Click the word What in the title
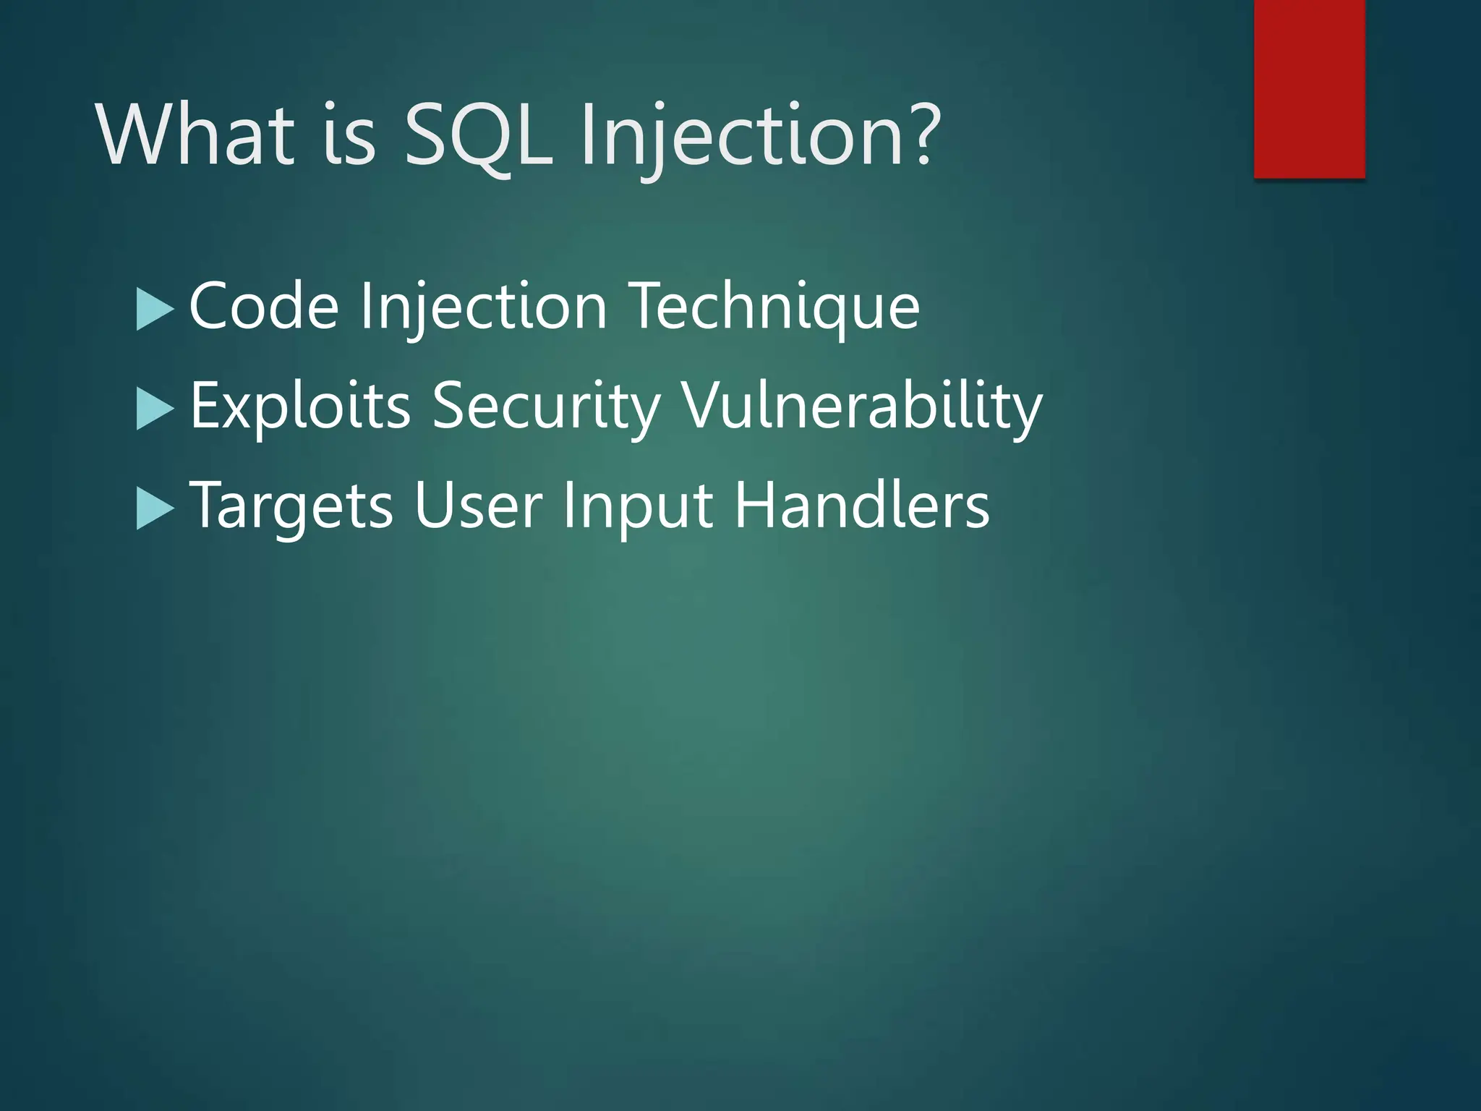(195, 135)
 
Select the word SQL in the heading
(477, 135)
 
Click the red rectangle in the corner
(1309, 88)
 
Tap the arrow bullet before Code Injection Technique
(154, 309)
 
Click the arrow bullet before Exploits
(154, 409)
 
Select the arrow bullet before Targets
(154, 508)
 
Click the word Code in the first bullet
(264, 307)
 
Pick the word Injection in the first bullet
(483, 307)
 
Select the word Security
(546, 406)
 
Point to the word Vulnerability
(862, 406)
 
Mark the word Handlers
(861, 506)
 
